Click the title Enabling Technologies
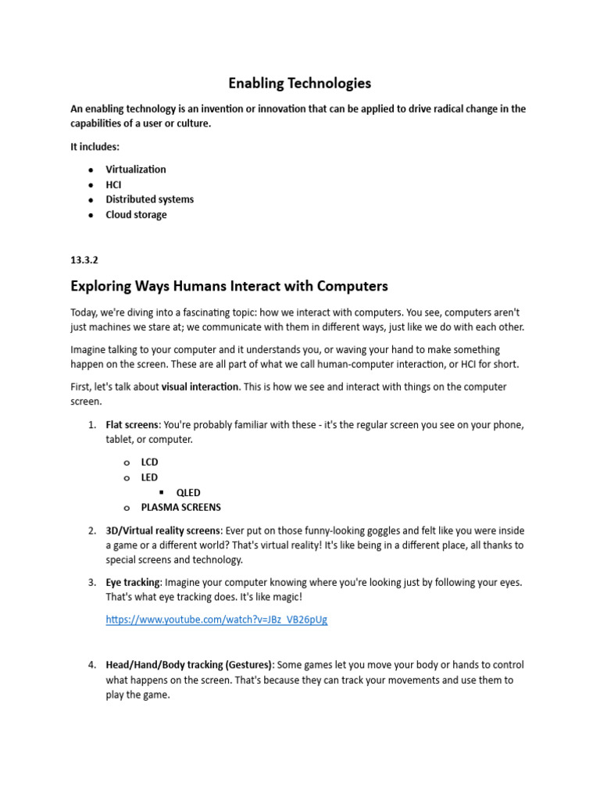click(x=299, y=83)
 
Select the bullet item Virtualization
click(x=136, y=170)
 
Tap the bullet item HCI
click(x=113, y=185)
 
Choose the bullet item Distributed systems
click(x=149, y=199)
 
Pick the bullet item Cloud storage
click(x=136, y=215)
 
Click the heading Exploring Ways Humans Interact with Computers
click(x=229, y=286)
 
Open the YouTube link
click(x=216, y=620)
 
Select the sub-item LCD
click(x=149, y=462)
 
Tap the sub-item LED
click(x=149, y=477)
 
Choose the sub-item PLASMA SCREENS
click(x=180, y=507)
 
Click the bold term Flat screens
click(x=132, y=425)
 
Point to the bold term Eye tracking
click(x=133, y=583)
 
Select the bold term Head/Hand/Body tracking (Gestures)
click(x=189, y=665)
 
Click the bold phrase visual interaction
click(x=199, y=387)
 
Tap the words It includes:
click(x=95, y=147)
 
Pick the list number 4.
click(x=91, y=665)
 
